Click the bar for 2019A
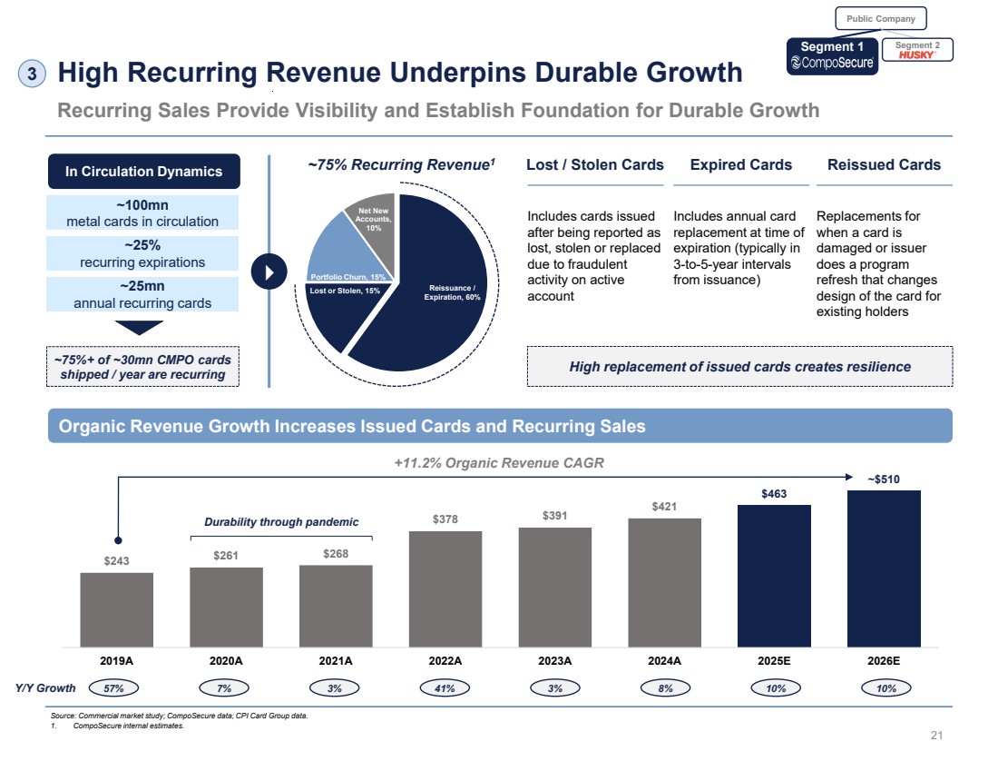[x=116, y=608]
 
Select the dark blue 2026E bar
[x=884, y=568]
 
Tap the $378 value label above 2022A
[x=445, y=519]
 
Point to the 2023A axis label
[x=554, y=660]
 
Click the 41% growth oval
[x=445, y=688]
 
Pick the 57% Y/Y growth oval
[x=114, y=688]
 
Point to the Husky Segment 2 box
[x=916, y=51]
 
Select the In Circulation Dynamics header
[x=143, y=172]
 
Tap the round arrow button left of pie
[x=269, y=272]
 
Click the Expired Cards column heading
[x=740, y=165]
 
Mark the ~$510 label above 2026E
[x=884, y=479]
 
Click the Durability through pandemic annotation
[x=280, y=521]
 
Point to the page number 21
[x=937, y=735]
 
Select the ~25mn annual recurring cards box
[x=143, y=294]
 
